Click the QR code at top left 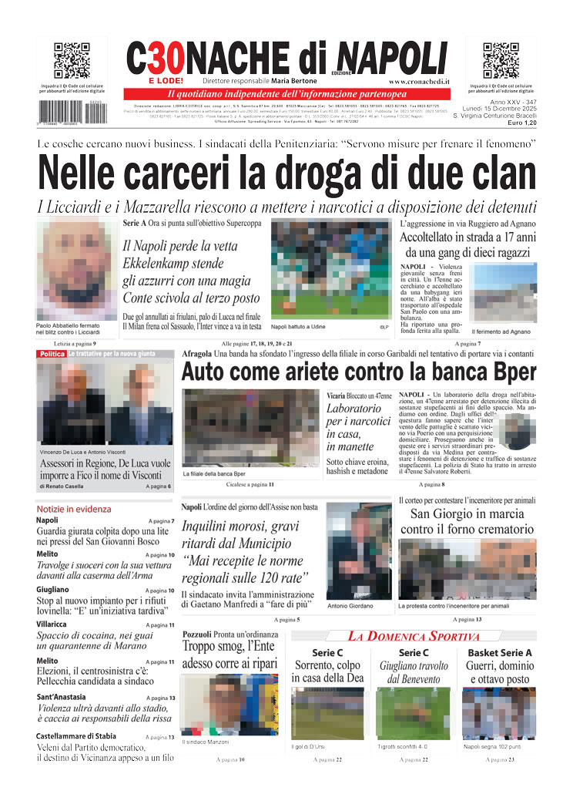click(72, 61)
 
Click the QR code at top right click(501, 61)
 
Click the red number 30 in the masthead click(166, 58)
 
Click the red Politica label click(52, 354)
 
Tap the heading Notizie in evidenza click(73, 510)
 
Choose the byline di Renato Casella click(65, 486)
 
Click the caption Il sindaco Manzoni click(206, 742)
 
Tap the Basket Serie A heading click(500, 653)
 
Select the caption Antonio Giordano click(350, 606)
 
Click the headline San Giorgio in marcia click(467, 514)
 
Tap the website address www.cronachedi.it click(419, 81)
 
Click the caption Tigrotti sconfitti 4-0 click(402, 746)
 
